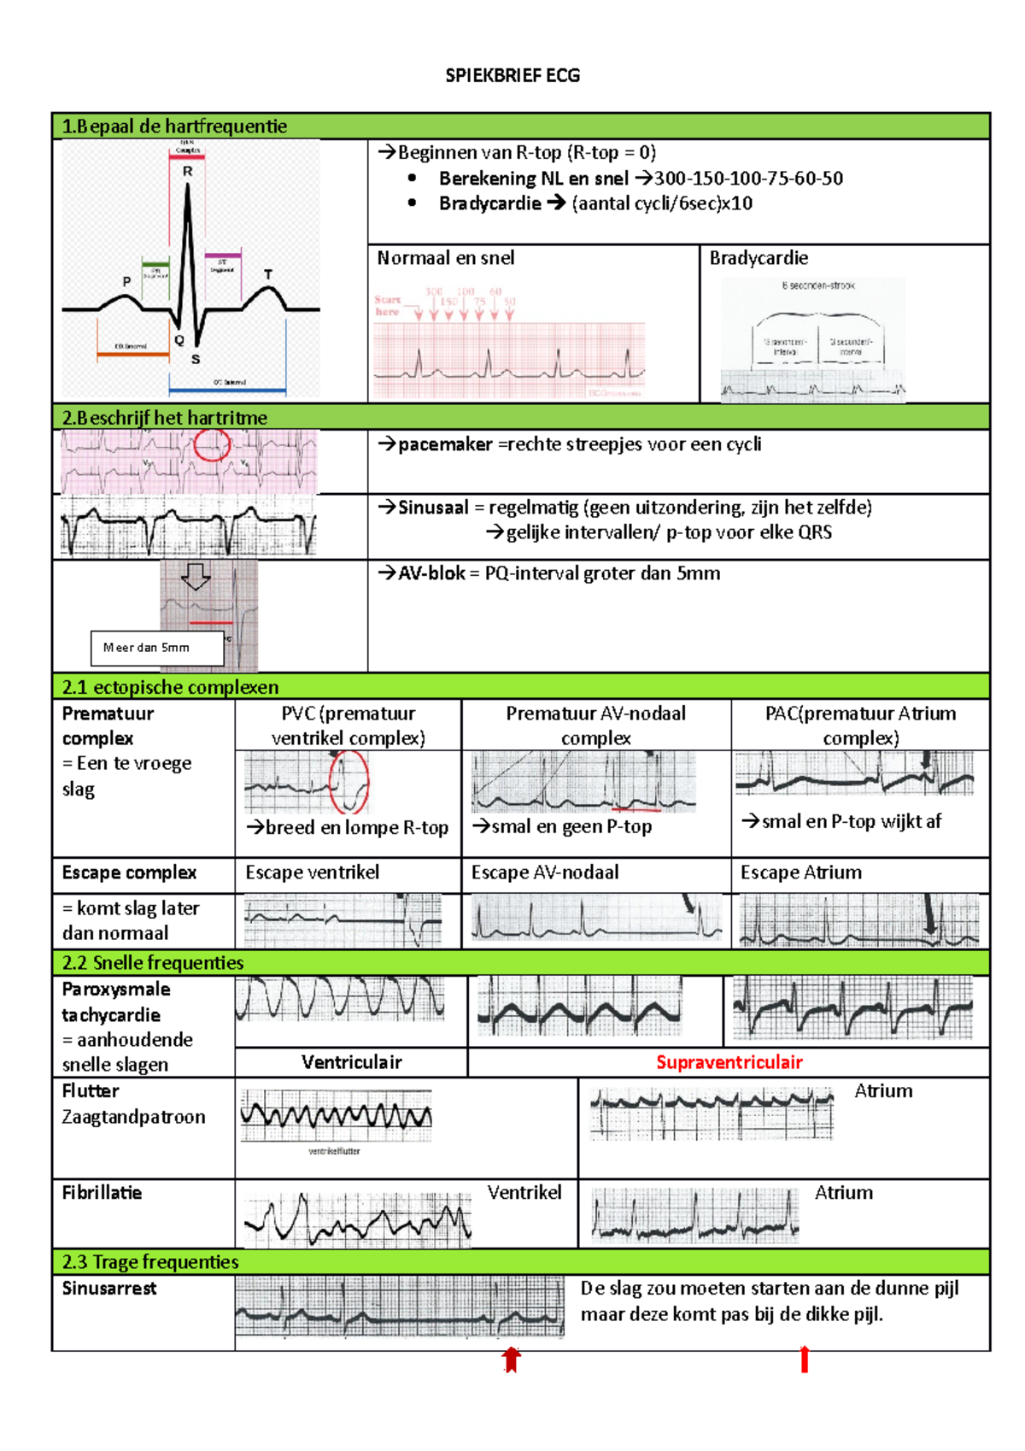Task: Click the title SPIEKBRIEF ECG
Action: coord(512,75)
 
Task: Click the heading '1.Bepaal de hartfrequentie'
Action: coord(174,126)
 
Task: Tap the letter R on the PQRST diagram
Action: coord(188,171)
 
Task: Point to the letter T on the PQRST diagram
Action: coord(268,274)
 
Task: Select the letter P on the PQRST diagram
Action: coord(126,281)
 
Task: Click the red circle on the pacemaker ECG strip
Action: coord(212,444)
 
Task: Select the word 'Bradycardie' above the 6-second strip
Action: coord(758,258)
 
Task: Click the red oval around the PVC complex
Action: coord(349,782)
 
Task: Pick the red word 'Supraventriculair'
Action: coord(729,1062)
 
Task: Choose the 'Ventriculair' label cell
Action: coord(351,1062)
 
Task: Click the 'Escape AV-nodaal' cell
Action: coord(545,872)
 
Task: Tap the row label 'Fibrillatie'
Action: coord(102,1193)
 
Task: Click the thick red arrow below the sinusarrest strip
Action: coord(511,1359)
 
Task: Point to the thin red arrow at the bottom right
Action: coord(804,1359)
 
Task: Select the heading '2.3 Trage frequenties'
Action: coord(150,1262)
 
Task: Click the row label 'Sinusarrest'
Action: coord(109,1289)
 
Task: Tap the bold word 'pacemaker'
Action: coord(445,444)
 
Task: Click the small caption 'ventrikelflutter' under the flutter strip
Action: coord(334,1151)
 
